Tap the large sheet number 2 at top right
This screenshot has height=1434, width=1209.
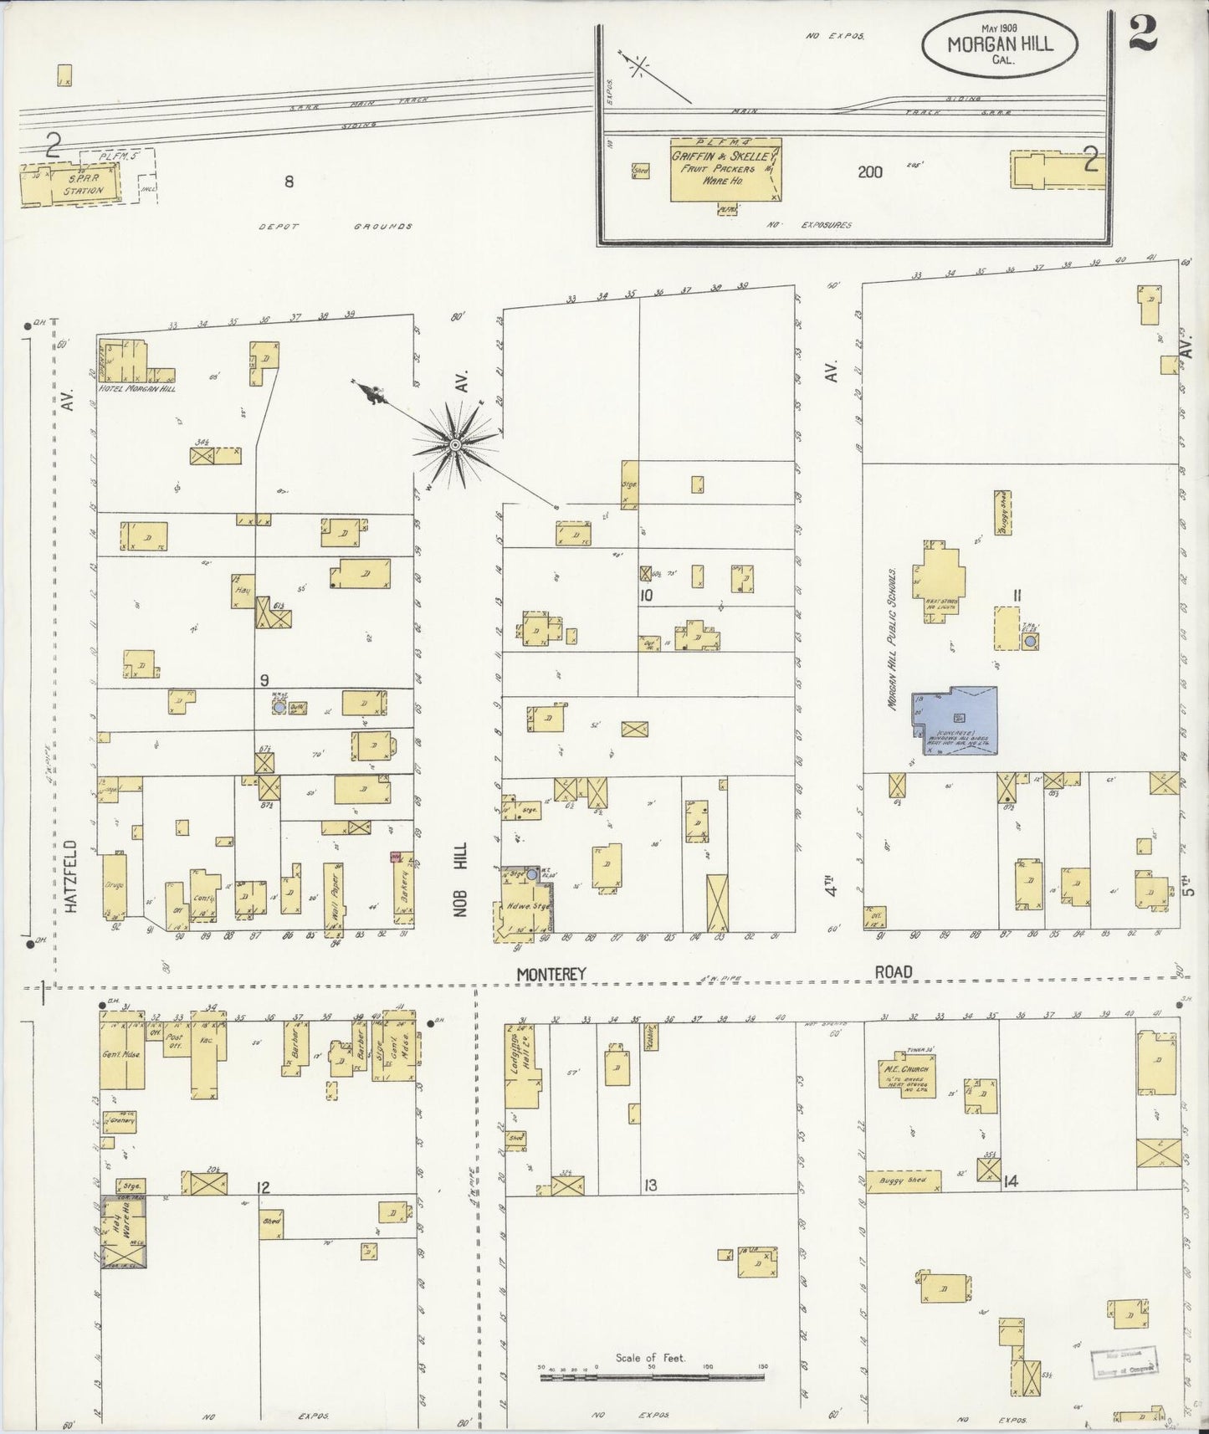[x=1142, y=34]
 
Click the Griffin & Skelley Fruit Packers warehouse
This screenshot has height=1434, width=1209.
[x=725, y=170]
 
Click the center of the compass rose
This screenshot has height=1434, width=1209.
[x=454, y=444]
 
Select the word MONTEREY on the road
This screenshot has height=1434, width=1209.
[x=551, y=974]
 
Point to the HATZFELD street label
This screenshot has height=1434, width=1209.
[x=69, y=876]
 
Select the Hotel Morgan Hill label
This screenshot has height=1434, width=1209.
[x=137, y=389]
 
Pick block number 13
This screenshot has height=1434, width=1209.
[x=649, y=1185]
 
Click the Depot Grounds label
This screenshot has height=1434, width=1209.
[x=336, y=227]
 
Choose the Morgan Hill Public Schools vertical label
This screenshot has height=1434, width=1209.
[x=892, y=639]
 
